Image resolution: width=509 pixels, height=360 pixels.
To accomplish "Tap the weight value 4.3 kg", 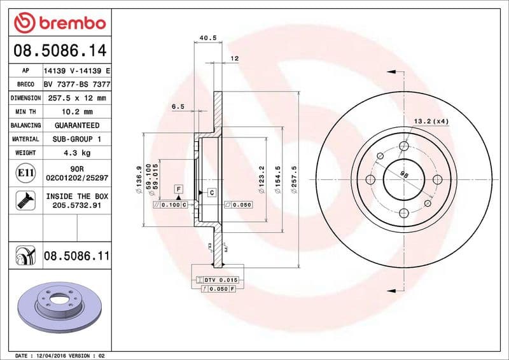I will point(76,153).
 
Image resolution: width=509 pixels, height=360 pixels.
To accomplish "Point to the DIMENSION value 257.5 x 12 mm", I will point(76,98).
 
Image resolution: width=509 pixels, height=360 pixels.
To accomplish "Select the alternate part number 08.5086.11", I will point(76,256).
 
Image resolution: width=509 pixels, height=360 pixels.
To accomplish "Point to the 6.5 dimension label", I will point(178,107).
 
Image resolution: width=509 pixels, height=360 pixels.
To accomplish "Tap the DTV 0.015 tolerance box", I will point(219,280).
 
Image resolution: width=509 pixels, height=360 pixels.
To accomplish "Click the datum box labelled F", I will point(179,190).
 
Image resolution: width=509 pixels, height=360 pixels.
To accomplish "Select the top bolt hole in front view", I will point(403,146).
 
